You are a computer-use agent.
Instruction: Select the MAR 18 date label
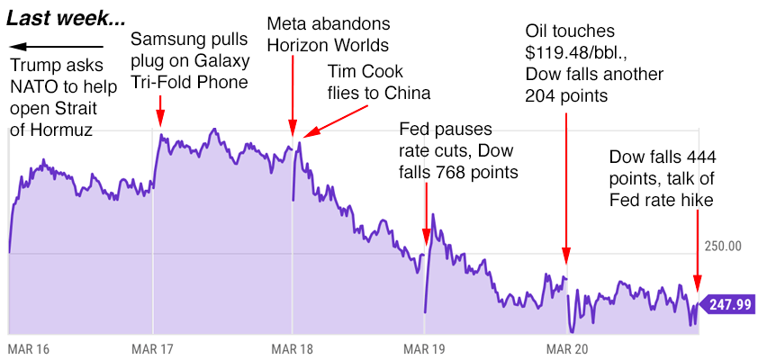tap(290, 348)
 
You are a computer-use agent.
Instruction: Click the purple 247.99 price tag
tap(728, 304)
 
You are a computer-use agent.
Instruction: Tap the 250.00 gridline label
tap(722, 246)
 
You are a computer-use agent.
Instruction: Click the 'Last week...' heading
tap(65, 18)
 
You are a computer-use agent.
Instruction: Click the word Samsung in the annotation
tap(166, 40)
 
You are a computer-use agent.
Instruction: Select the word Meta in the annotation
tap(285, 23)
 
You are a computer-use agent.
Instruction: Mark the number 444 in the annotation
tap(701, 158)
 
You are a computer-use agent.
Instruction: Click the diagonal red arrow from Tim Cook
tap(334, 120)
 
